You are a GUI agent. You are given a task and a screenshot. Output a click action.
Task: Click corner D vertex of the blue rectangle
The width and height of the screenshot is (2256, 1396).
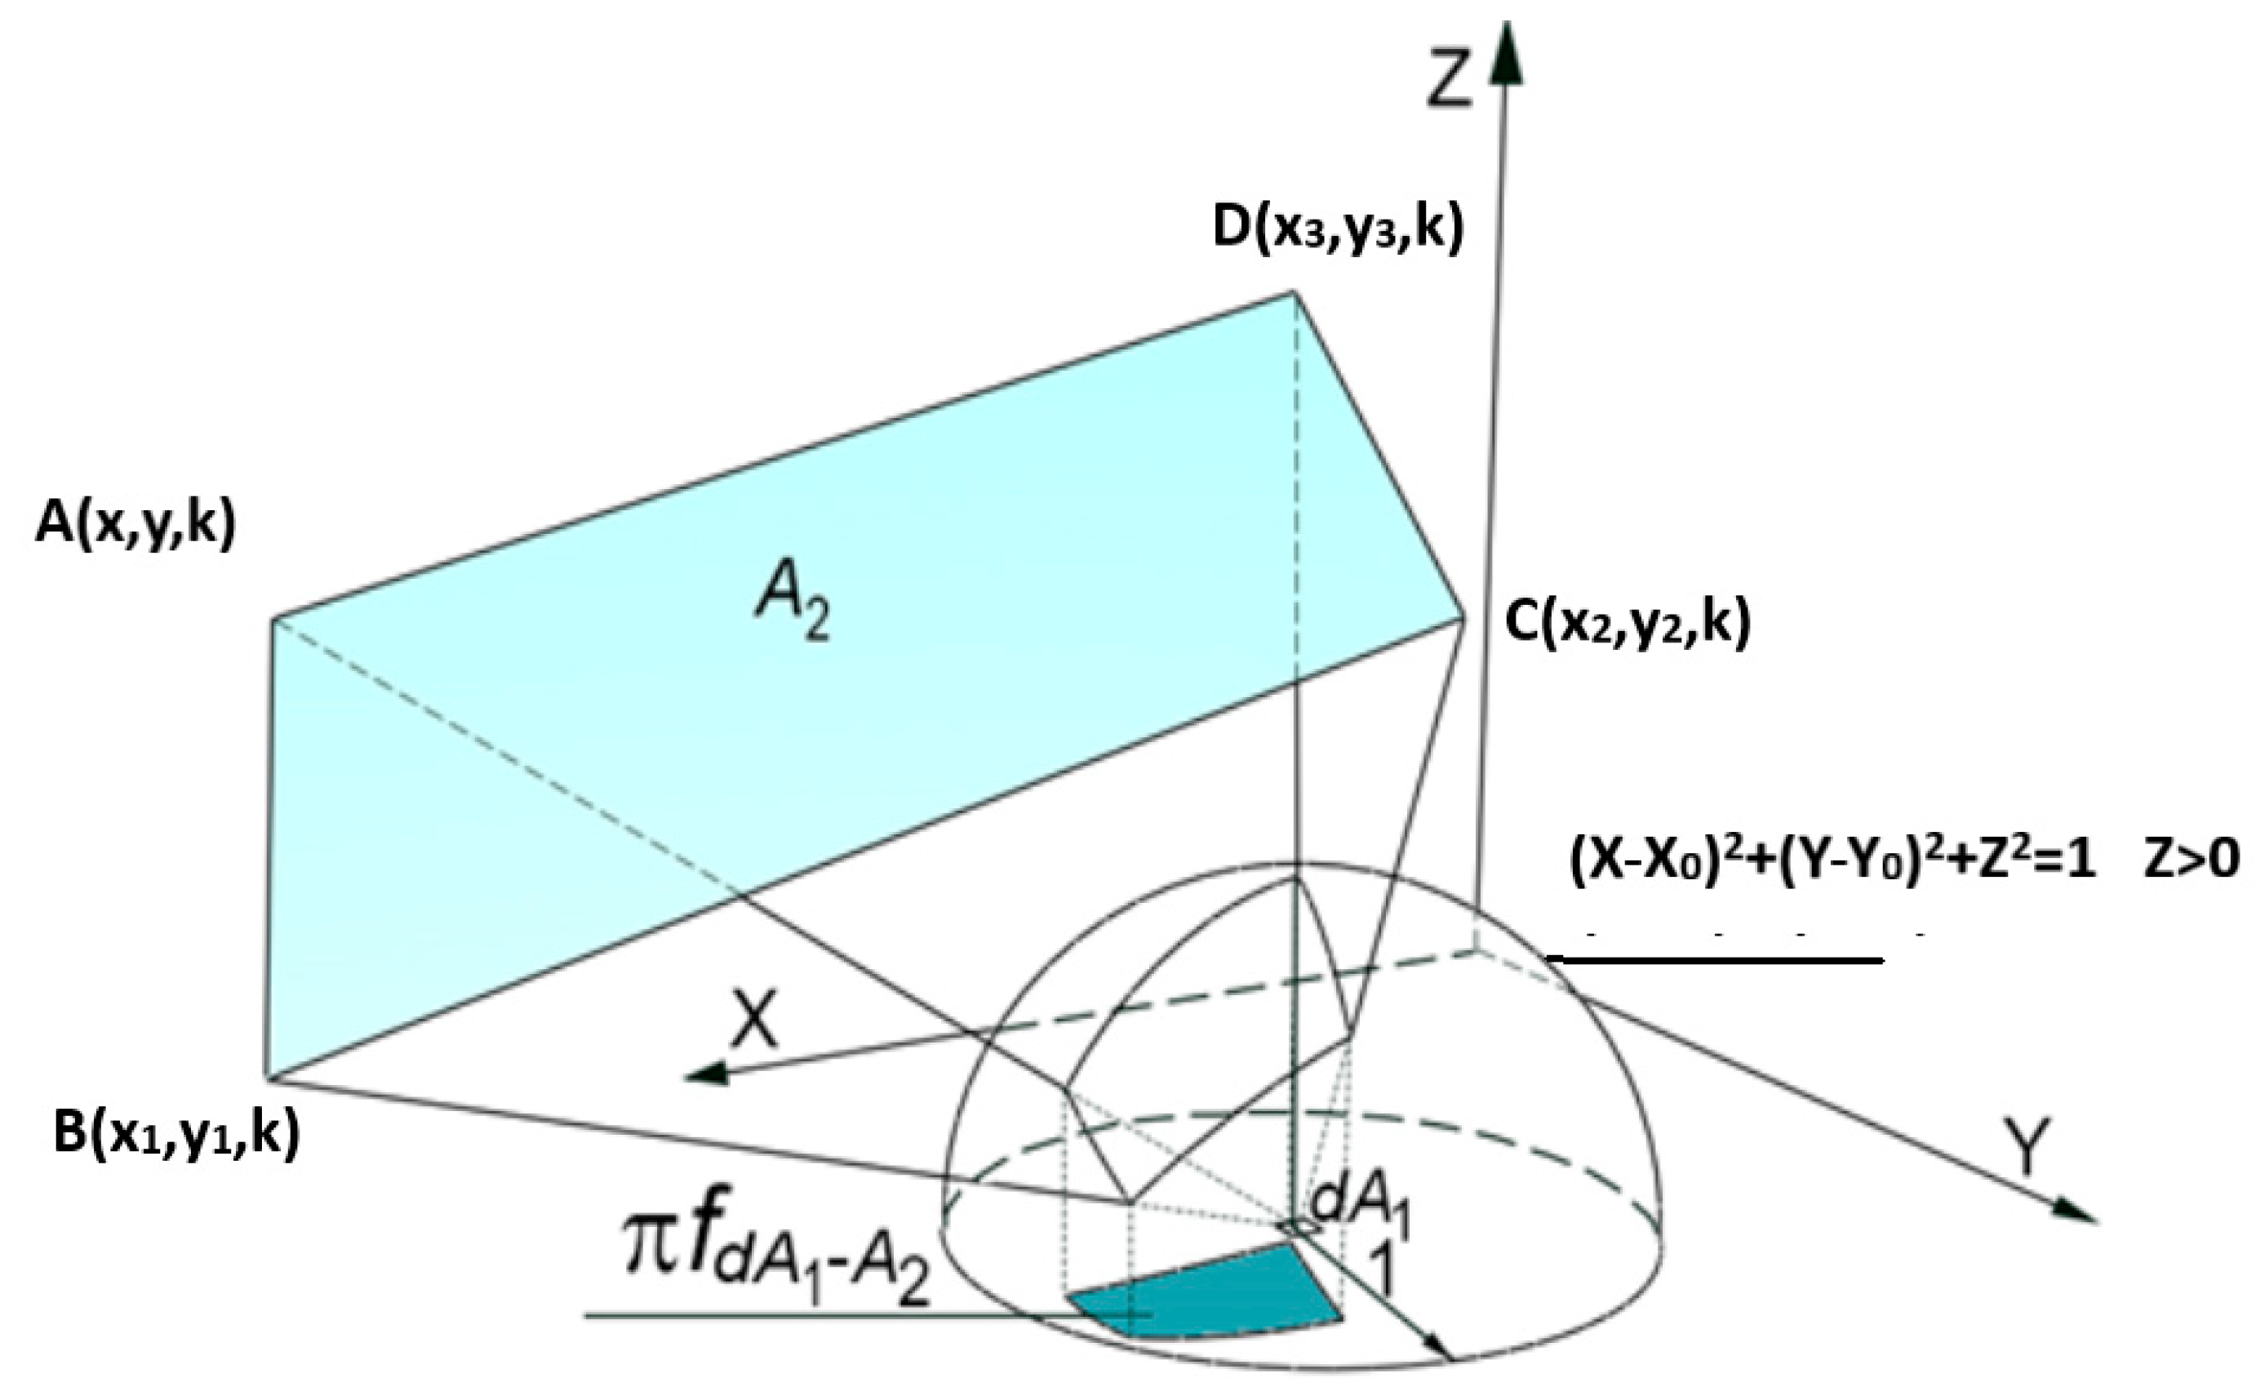tap(1293, 293)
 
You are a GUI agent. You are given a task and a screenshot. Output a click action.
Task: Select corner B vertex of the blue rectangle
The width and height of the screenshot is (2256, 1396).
tap(269, 1077)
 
